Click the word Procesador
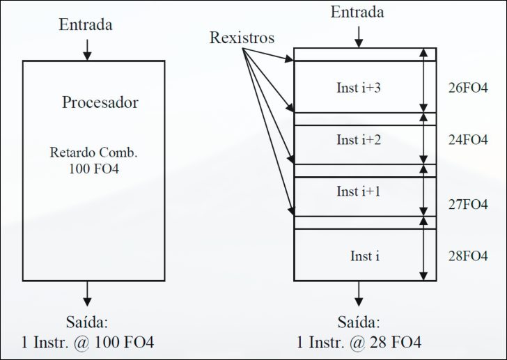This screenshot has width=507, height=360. [x=100, y=103]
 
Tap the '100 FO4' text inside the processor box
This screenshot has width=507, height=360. [x=94, y=168]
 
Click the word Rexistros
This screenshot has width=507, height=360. [x=242, y=38]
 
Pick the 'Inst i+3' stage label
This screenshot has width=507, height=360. [x=359, y=88]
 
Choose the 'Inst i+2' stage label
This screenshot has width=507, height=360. [x=359, y=140]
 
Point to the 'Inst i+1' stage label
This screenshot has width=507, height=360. [x=359, y=191]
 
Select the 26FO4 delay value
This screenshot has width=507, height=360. [x=468, y=88]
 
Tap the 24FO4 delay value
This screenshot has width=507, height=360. [x=468, y=140]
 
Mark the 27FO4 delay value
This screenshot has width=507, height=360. [x=468, y=205]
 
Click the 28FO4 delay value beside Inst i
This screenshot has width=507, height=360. [x=468, y=256]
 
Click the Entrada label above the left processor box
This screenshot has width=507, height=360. [x=86, y=25]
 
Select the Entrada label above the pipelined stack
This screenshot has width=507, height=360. [x=357, y=13]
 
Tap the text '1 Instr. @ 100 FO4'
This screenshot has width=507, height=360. [x=87, y=343]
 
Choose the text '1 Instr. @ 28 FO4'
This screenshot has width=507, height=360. [x=359, y=343]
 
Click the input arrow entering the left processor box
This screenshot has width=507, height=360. [x=86, y=49]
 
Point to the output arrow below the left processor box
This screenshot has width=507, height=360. [x=86, y=293]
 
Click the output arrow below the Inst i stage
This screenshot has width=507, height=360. [x=359, y=293]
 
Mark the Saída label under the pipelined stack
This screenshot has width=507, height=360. [x=359, y=323]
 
